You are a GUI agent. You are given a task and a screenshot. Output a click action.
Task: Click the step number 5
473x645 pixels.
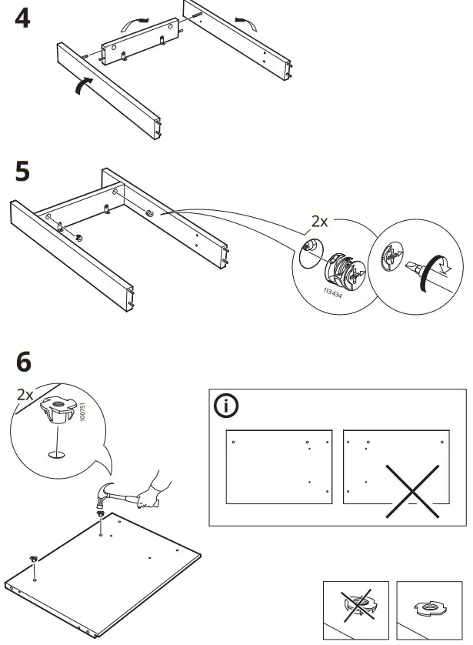23,171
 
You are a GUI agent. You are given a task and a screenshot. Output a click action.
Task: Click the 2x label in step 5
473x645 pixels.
319,222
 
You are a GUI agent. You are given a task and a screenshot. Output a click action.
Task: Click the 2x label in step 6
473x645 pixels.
25,394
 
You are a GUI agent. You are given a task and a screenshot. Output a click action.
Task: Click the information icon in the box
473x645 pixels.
227,406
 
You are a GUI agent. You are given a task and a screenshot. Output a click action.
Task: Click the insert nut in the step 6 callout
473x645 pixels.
56,409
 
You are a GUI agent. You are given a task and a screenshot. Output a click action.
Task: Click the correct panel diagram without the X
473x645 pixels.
278,467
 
